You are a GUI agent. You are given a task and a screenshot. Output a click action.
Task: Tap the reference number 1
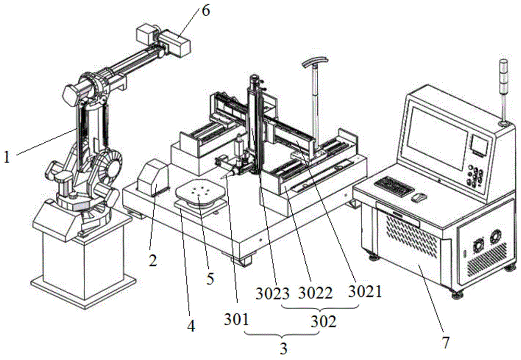pos(7,157)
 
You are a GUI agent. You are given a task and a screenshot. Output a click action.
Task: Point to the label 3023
pos(272,293)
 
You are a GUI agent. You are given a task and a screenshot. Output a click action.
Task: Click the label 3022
pos(315,293)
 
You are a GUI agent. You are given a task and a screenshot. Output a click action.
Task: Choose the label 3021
pos(365,291)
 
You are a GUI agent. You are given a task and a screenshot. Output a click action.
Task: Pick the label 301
pos(236,320)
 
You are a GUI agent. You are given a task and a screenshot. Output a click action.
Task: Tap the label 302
pos(324,321)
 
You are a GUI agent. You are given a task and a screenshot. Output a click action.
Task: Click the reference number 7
pos(446,342)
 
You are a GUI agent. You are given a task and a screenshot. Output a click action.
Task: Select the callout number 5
pos(210,279)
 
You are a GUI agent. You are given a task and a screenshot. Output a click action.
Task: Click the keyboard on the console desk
pos(394,184)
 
